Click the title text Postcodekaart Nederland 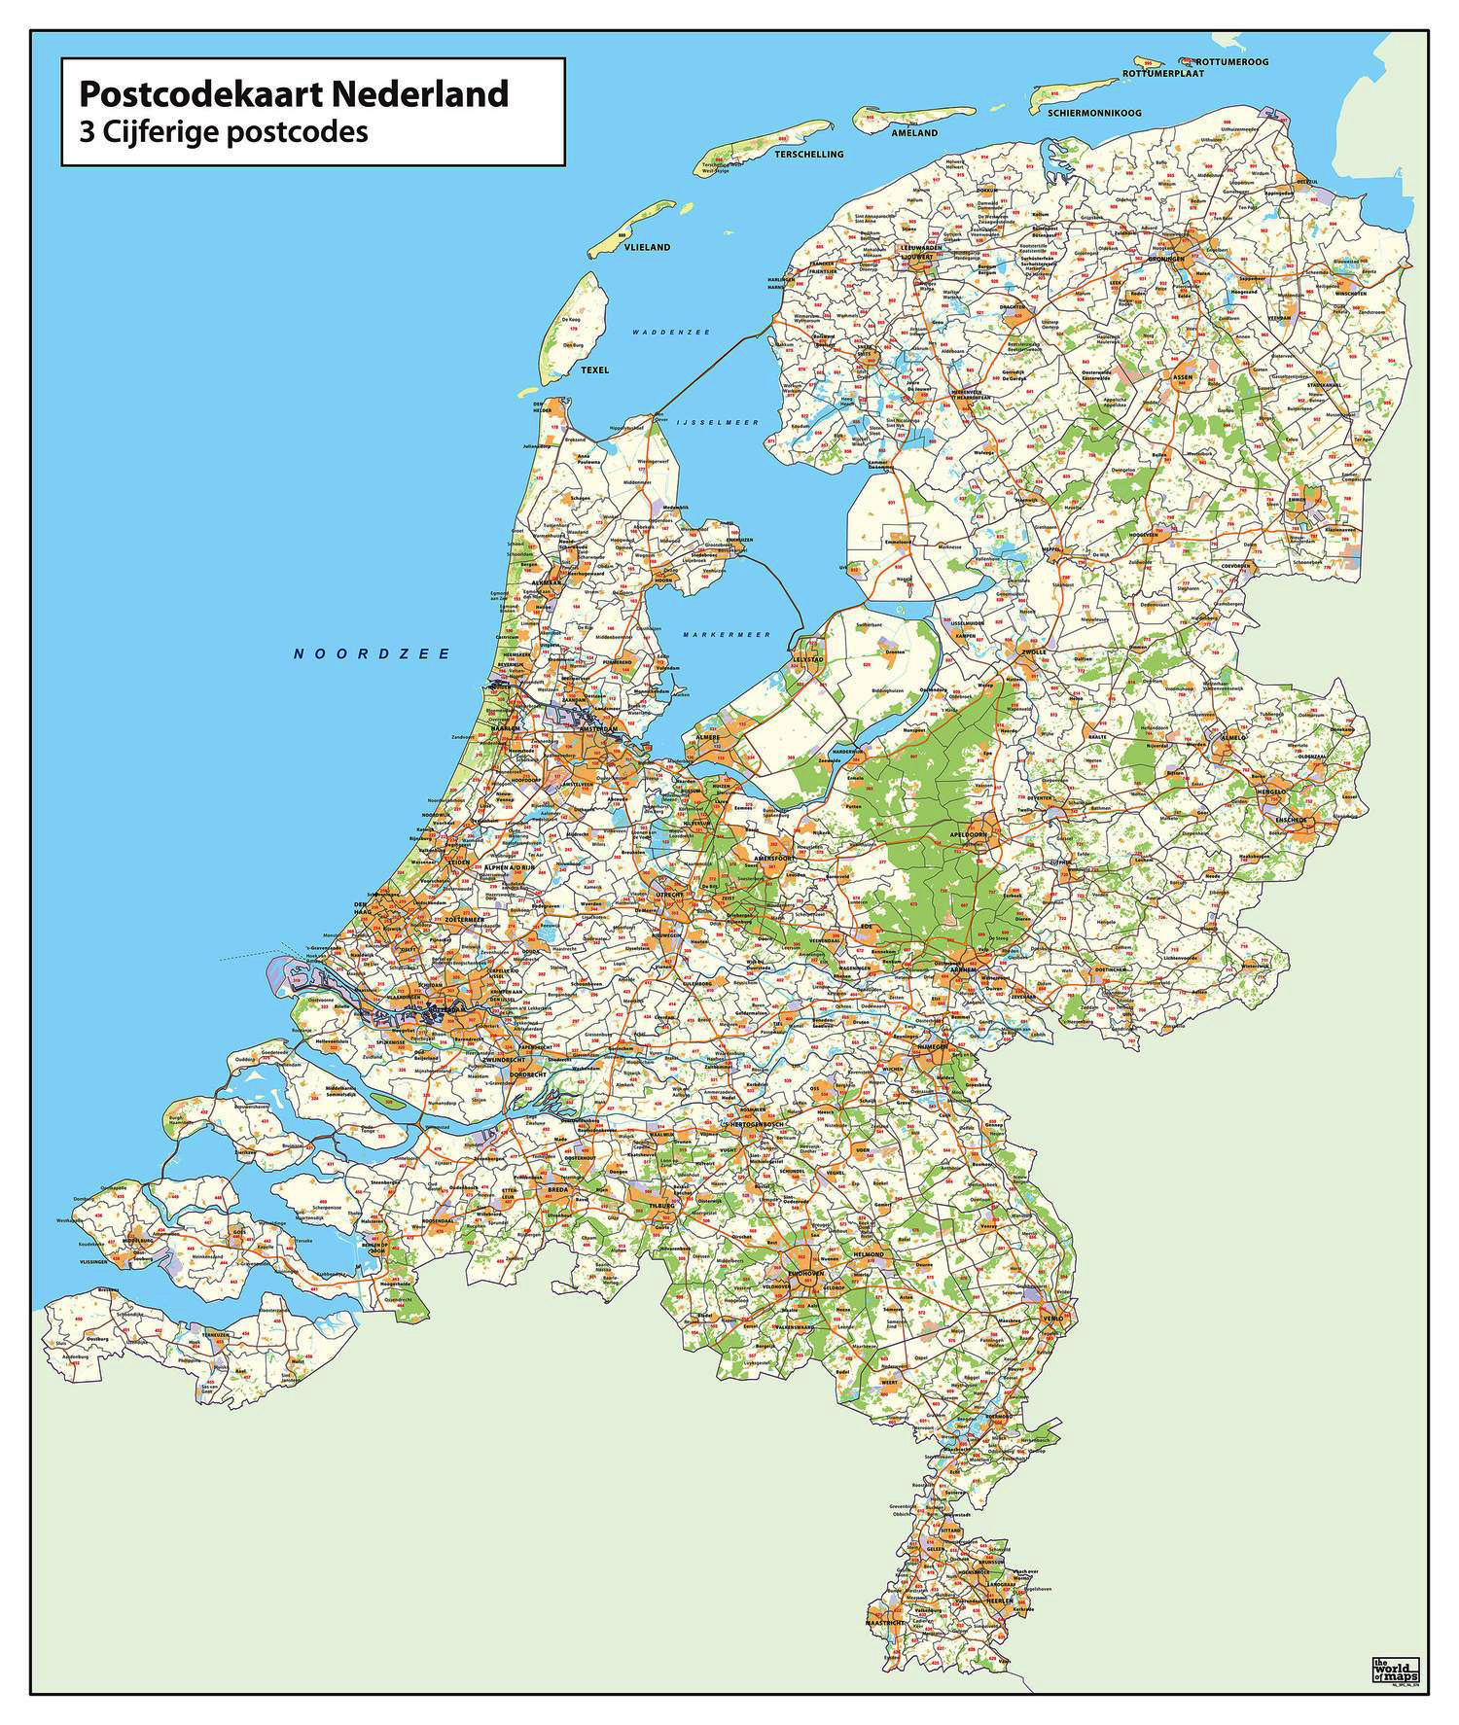click(293, 93)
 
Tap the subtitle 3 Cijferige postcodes click(224, 132)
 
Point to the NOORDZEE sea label click(373, 654)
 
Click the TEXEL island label click(593, 370)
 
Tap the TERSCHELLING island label click(808, 155)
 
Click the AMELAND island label click(914, 132)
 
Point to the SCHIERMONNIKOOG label click(1094, 114)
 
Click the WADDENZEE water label click(670, 333)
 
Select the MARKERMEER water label click(726, 634)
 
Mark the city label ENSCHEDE click(1296, 820)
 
